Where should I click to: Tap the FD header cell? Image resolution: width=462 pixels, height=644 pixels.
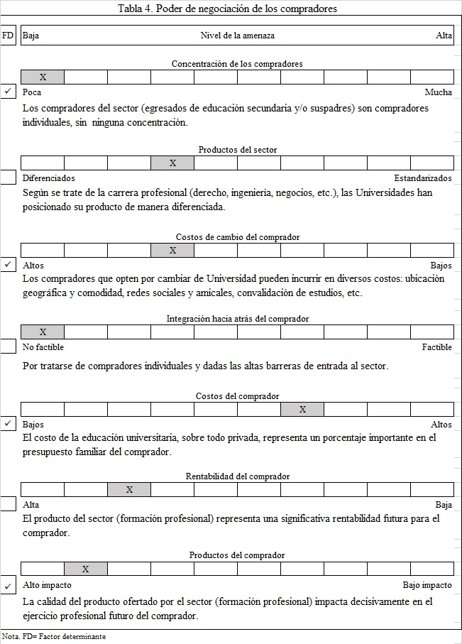(8, 36)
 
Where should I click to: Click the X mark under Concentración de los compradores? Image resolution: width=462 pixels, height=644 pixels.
(43, 77)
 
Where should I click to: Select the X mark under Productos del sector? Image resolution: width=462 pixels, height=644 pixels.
(172, 163)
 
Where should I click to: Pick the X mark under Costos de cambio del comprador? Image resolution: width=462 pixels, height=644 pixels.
(172, 250)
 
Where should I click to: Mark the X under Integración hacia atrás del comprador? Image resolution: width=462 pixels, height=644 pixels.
(43, 332)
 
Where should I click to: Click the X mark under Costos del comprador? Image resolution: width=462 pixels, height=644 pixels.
(302, 409)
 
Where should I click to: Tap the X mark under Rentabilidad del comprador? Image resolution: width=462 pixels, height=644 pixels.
(129, 489)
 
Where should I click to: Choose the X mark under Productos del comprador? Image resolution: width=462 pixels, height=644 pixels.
(86, 569)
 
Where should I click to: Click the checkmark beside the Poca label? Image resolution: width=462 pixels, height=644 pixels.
(8, 92)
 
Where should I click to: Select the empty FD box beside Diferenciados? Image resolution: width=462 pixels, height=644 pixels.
(8, 178)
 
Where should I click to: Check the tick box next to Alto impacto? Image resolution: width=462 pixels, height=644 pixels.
(8, 586)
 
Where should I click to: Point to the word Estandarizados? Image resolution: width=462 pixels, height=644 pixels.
(423, 178)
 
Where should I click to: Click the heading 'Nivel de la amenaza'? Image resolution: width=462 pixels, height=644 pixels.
(237, 36)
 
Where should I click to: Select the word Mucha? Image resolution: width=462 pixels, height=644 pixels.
(438, 92)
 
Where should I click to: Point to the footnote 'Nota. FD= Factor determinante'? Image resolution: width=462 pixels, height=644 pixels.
(54, 637)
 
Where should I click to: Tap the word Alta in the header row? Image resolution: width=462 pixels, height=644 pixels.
(444, 36)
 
